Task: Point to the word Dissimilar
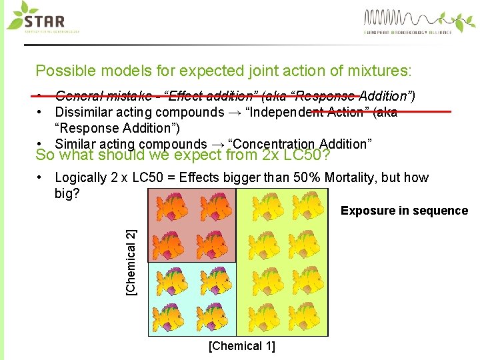(83, 112)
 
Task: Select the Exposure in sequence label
(404, 211)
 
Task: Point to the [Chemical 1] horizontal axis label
(241, 346)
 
